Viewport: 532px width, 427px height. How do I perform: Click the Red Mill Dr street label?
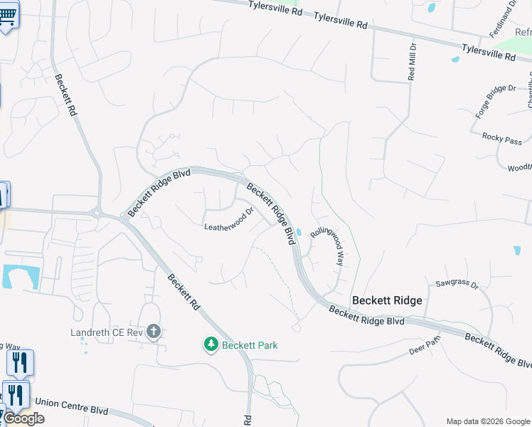[x=412, y=61]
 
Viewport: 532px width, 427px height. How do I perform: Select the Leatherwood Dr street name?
[x=229, y=220]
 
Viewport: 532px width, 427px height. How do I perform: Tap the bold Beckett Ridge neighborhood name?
[x=387, y=300]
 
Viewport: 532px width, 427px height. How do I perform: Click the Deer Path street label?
[x=426, y=351]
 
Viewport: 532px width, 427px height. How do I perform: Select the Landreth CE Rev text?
[x=107, y=332]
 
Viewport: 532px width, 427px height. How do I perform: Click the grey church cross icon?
[x=154, y=332]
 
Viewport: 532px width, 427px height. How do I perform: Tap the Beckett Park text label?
[x=250, y=345]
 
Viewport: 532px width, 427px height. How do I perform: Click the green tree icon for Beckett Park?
[x=211, y=345]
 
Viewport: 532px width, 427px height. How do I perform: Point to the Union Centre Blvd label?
[x=70, y=411]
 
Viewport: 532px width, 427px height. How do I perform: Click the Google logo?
[x=23, y=418]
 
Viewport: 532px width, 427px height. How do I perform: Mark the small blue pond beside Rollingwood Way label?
[x=299, y=232]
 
